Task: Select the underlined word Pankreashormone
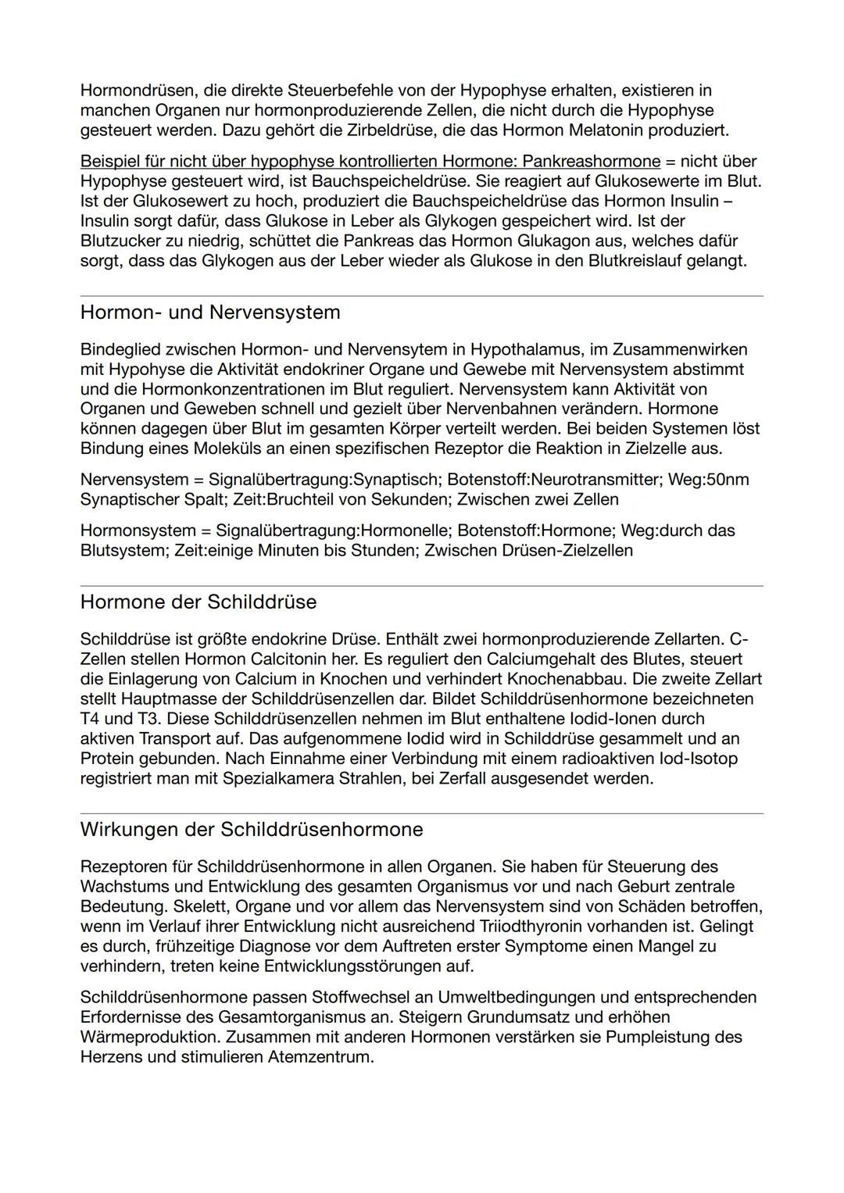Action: [x=592, y=161]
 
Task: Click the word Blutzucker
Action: [x=120, y=241]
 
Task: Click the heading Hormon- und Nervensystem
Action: [x=210, y=313]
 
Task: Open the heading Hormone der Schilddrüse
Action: [x=198, y=602]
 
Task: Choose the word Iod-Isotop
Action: [x=695, y=759]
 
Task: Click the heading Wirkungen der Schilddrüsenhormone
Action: [x=252, y=830]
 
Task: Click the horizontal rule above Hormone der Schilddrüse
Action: [x=422, y=586]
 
